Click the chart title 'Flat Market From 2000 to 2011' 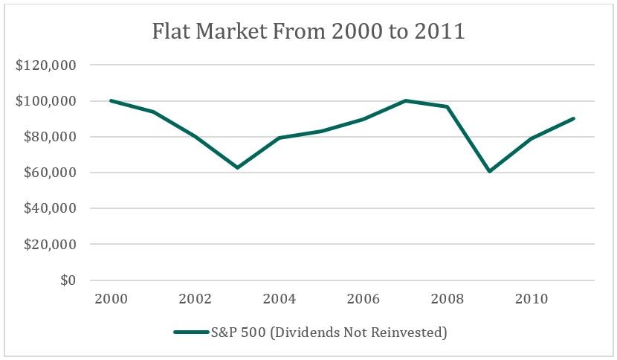point(308,33)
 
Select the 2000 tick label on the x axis point(112,299)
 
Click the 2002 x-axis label point(196,299)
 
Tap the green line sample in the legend point(190,332)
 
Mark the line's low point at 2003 point(237,168)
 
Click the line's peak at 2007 point(405,100)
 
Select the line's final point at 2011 point(574,118)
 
